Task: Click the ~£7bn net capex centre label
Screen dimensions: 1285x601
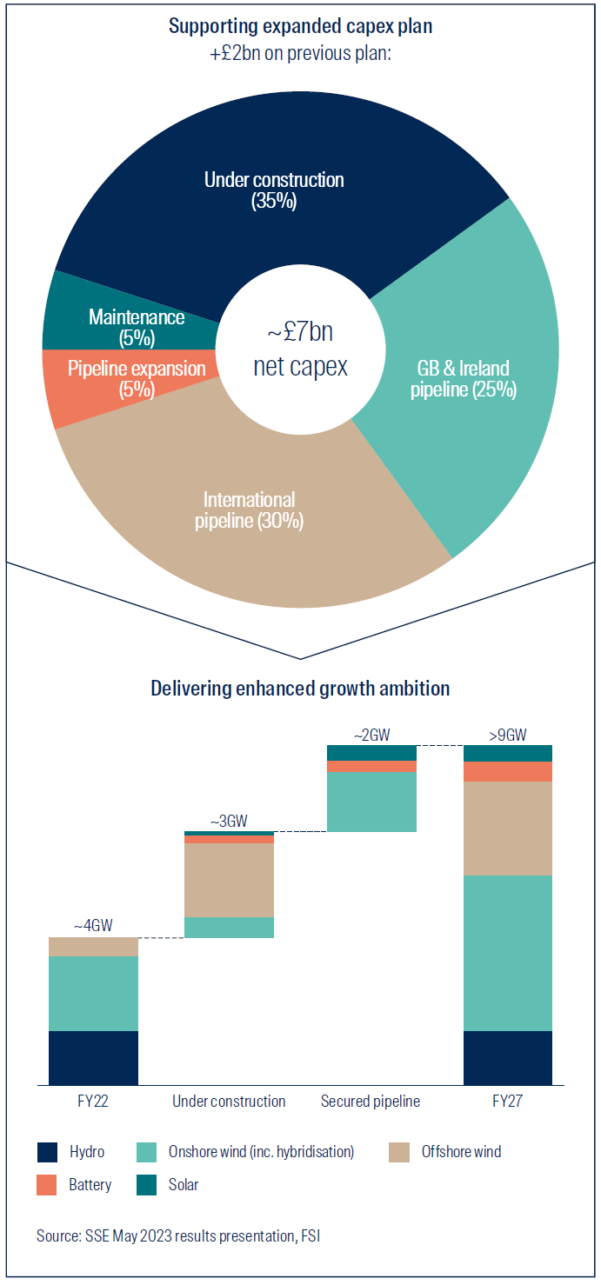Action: pos(300,350)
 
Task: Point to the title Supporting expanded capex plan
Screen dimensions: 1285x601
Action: pos(300,26)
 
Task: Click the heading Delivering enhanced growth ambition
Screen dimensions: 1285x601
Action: pos(300,689)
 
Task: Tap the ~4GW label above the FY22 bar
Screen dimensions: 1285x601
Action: pos(94,925)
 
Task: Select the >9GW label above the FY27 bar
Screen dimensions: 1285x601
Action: pos(508,734)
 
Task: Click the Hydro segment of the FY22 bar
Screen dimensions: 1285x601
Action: pos(94,1057)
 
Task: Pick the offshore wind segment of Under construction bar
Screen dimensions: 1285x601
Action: pos(230,880)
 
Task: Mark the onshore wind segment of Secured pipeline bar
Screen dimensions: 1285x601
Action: pos(371,802)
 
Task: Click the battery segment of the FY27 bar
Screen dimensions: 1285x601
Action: pos(508,771)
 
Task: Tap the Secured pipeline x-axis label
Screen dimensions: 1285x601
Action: pos(371,1102)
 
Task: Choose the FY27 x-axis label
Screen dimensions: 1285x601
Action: pos(508,1102)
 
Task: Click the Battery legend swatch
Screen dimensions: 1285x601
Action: pos(48,1184)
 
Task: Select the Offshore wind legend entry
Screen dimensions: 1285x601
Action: pos(461,1152)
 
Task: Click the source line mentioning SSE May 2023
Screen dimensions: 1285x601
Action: pos(178,1235)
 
